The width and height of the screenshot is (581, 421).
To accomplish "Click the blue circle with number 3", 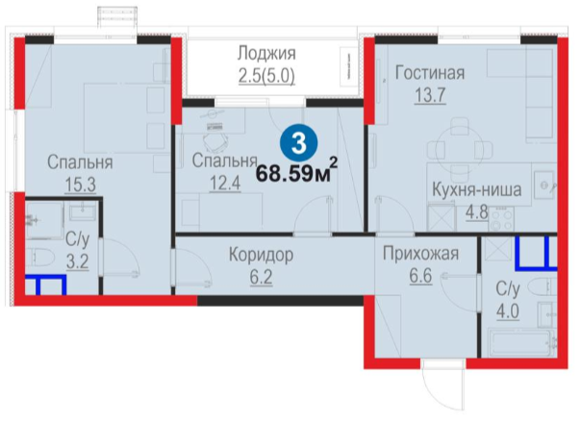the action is pyautogui.click(x=298, y=143).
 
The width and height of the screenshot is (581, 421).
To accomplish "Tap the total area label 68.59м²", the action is pyautogui.click(x=297, y=171).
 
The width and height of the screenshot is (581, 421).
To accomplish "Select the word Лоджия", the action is pyautogui.click(x=266, y=53).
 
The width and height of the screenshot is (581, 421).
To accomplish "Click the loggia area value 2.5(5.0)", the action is pyautogui.click(x=266, y=76).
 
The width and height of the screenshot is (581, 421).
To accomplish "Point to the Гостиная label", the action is pyautogui.click(x=430, y=73).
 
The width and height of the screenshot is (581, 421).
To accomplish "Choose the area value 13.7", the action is pyautogui.click(x=430, y=95).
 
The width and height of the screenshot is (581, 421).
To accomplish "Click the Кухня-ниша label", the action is pyautogui.click(x=477, y=189).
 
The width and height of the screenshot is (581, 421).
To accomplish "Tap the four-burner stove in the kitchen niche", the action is pyautogui.click(x=502, y=219).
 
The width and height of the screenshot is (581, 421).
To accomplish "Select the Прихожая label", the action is pyautogui.click(x=421, y=254).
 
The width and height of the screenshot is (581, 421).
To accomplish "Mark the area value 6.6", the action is pyautogui.click(x=421, y=276).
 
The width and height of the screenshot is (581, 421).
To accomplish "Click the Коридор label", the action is pyautogui.click(x=261, y=255).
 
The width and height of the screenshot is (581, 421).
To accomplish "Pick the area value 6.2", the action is pyautogui.click(x=261, y=277).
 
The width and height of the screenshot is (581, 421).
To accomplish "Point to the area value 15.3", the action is pyautogui.click(x=81, y=184).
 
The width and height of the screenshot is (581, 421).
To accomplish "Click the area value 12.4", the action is pyautogui.click(x=225, y=183).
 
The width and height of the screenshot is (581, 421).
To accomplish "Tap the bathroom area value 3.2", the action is pyautogui.click(x=78, y=261).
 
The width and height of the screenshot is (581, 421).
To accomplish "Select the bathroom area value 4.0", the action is pyautogui.click(x=508, y=311).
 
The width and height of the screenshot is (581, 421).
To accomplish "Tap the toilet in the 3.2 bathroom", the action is pyautogui.click(x=39, y=257).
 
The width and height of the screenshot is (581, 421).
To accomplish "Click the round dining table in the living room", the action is pyautogui.click(x=460, y=146).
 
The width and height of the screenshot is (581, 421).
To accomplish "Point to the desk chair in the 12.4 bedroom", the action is pyautogui.click(x=215, y=141).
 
